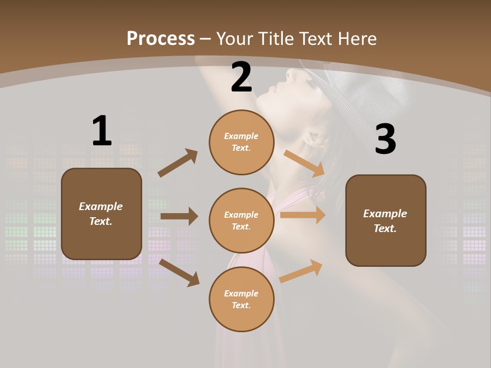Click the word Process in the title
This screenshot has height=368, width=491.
(161, 39)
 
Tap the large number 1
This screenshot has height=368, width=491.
(102, 131)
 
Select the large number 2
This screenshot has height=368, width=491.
(241, 77)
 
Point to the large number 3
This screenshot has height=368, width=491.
(385, 140)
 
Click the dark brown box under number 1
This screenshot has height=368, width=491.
(101, 214)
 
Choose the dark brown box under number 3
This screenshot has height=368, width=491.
(386, 220)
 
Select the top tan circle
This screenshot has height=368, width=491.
(241, 142)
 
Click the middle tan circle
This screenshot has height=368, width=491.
(241, 220)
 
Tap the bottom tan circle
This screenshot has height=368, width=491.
(241, 299)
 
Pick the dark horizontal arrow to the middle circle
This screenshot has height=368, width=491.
(179, 216)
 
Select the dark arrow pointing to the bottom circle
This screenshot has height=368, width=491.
(180, 272)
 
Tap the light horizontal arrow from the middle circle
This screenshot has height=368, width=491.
(303, 215)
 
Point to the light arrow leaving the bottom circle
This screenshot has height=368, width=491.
(301, 271)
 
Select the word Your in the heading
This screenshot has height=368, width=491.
(235, 39)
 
